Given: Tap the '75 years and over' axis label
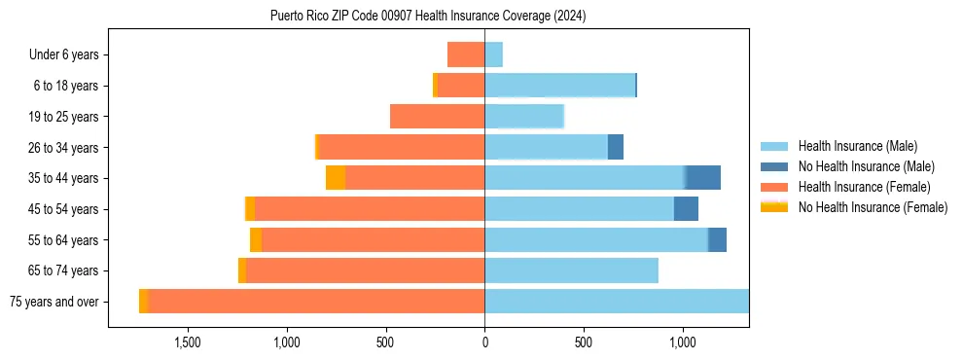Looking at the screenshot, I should [x=53, y=302].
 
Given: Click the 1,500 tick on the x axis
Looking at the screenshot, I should [x=187, y=342].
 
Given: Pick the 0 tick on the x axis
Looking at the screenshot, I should [x=484, y=342].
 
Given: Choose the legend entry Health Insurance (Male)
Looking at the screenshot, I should [x=857, y=146].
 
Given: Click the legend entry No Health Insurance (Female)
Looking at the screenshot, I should [x=873, y=207].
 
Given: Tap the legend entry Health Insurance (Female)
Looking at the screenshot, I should [x=864, y=187].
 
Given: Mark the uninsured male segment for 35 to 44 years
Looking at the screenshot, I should [x=703, y=178].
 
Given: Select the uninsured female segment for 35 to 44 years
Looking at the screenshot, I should [x=336, y=178].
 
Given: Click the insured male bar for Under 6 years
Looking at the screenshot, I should [x=493, y=54].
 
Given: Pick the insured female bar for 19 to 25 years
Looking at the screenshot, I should [x=437, y=117].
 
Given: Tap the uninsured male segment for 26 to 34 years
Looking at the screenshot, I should [x=616, y=147].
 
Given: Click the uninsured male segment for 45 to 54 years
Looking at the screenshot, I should [x=686, y=209].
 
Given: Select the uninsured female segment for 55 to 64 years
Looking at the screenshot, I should [x=256, y=239].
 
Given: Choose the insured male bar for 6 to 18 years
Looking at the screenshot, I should [x=559, y=86].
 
